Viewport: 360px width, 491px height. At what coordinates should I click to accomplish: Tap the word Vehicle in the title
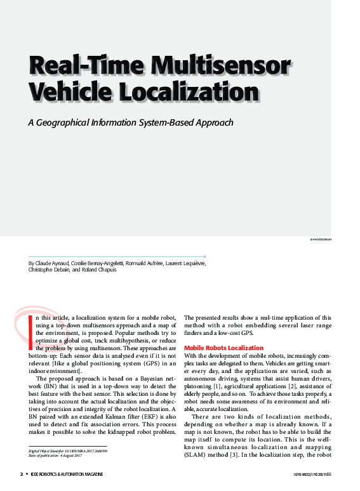68,92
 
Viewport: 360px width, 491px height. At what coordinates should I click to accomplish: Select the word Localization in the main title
184,92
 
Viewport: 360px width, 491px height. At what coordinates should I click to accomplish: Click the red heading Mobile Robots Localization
223,348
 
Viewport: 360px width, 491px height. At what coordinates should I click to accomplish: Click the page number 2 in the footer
22,474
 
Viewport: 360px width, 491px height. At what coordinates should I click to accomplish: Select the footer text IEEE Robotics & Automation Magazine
68,474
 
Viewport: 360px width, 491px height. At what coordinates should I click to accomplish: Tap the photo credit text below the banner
321,240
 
